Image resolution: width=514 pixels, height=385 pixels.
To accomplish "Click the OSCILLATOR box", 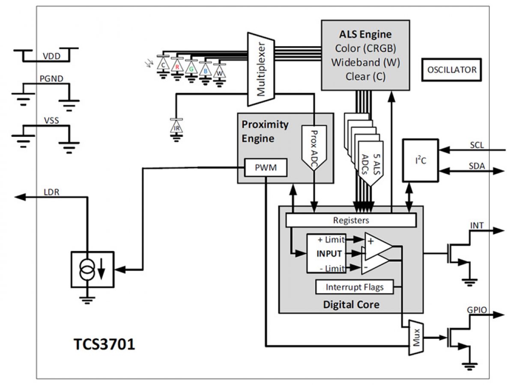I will pos(451,70).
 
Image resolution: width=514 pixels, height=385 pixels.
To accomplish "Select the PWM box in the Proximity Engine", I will pos(266,168).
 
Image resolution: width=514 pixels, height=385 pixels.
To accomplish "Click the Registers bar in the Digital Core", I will pos(351,220).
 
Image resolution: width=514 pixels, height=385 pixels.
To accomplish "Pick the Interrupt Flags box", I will pos(355,287).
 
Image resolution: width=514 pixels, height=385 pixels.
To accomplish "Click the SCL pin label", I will pos(476,145).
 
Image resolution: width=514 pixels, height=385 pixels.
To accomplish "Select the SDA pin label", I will pos(476,166).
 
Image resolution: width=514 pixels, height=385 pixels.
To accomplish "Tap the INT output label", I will pos(477,225).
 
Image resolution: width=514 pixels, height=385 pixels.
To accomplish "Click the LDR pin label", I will pos(51,192).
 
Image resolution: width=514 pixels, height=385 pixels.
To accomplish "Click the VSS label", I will pos(51,121).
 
